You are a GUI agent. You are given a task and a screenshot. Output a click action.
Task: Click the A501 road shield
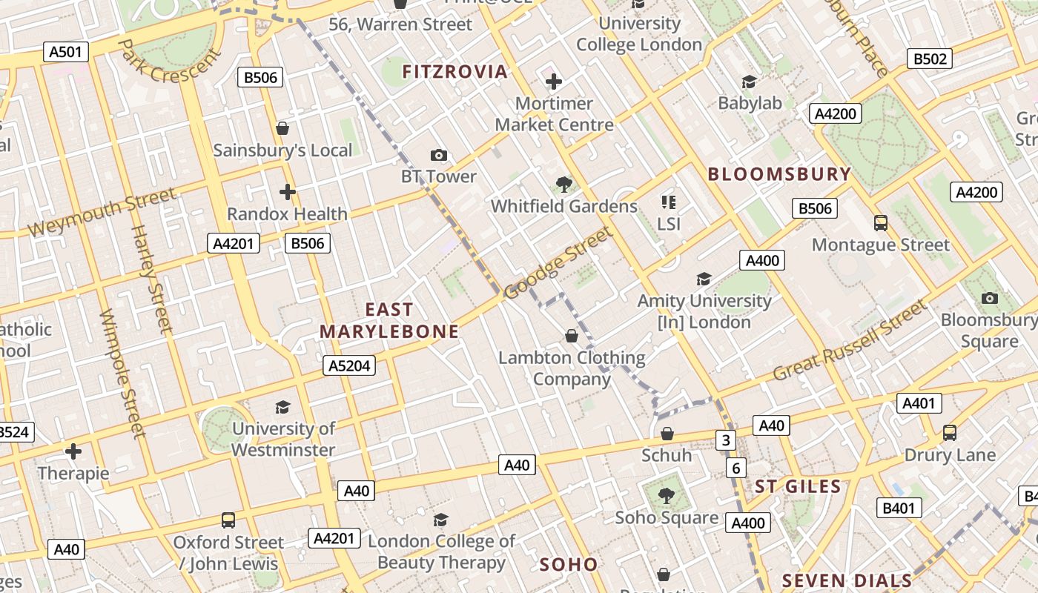coord(66,52)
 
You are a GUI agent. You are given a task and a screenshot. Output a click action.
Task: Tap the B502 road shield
coord(930,59)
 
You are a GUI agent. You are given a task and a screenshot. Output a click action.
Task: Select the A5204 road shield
coord(349,365)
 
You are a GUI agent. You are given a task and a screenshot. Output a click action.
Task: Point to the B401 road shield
coord(899,508)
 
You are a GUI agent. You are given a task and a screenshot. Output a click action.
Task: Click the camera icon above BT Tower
coord(439,155)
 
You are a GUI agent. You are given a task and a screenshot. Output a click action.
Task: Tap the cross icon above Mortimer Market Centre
coord(554,82)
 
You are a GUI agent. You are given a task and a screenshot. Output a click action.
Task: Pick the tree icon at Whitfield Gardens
coord(564,184)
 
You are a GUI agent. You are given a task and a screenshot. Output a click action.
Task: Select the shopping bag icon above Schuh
coord(667,433)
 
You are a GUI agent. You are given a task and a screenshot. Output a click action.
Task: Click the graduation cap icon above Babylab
coord(750,82)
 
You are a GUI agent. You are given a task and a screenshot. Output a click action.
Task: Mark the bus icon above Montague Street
coord(881,222)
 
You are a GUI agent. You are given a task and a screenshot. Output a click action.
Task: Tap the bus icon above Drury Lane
coord(950,432)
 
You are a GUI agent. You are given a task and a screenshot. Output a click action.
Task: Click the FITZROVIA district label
coord(454,72)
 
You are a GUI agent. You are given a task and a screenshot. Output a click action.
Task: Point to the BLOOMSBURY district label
coord(779,174)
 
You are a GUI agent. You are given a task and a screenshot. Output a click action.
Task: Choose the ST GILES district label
coord(798,487)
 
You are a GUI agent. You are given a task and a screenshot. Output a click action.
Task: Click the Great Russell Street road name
coord(850,340)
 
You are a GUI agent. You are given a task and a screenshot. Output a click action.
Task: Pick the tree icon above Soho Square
coord(667,495)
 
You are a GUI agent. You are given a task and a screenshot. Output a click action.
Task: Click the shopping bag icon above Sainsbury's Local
coord(282,128)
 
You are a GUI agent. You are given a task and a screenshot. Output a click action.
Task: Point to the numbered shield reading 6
coord(736,468)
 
